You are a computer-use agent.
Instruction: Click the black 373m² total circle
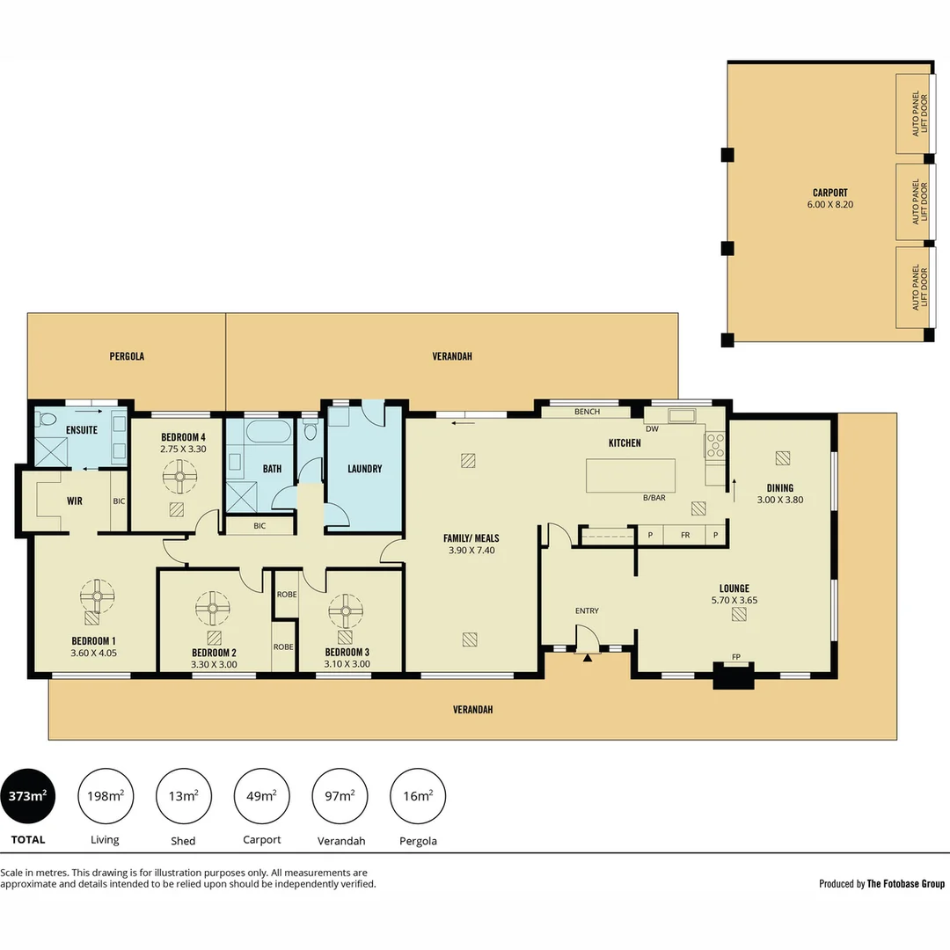[27, 796]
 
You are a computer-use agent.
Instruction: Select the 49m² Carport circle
[261, 796]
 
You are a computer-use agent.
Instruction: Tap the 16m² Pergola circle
[418, 796]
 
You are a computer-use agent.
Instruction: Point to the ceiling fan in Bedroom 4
[179, 479]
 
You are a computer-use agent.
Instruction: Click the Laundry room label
[364, 469]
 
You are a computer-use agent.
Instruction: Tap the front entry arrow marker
[587, 656]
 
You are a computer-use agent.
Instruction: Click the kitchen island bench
[631, 475]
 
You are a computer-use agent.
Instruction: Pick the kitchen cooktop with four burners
[714, 445]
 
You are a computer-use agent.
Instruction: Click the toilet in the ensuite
[47, 419]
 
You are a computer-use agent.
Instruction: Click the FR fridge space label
[683, 535]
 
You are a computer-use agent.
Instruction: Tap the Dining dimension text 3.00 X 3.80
[779, 500]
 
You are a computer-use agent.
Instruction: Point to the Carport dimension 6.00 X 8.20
[830, 205]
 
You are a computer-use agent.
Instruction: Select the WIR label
[75, 501]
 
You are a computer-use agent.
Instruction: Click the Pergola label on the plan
[127, 356]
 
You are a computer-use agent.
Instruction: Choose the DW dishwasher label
[652, 429]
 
